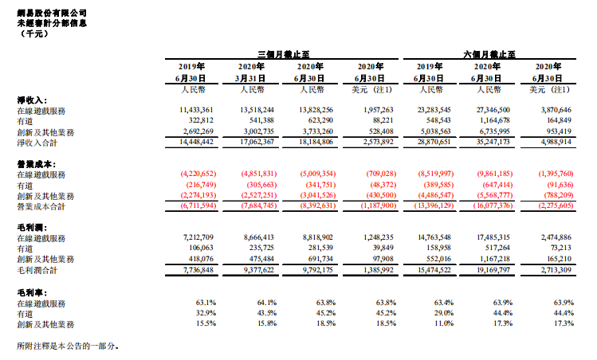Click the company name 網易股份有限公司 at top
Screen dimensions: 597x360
(52, 13)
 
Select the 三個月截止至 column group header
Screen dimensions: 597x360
(283, 54)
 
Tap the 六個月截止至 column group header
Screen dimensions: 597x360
(489, 54)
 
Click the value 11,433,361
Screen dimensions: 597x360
(196, 110)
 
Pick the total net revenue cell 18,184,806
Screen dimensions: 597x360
(316, 142)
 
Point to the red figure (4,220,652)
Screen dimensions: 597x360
(198, 174)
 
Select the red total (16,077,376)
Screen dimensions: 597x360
(493, 205)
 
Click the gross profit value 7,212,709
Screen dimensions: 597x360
(198, 237)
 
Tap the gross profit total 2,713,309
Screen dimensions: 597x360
(556, 270)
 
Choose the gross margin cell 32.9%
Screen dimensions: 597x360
(206, 313)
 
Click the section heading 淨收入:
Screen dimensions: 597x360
(32, 100)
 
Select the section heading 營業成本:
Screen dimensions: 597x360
(37, 164)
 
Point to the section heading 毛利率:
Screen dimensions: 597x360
(32, 292)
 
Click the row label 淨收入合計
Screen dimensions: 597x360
(37, 143)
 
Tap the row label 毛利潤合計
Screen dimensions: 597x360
(37, 271)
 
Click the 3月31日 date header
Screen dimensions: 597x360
(250, 78)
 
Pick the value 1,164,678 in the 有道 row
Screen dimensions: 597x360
(493, 120)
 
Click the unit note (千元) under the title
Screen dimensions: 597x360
(34, 34)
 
